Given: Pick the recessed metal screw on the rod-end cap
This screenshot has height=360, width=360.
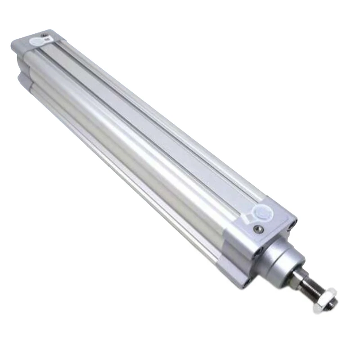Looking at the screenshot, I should pyautogui.click(x=257, y=229).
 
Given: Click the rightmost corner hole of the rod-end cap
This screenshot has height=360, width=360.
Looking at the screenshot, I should pyautogui.click(x=295, y=222).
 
